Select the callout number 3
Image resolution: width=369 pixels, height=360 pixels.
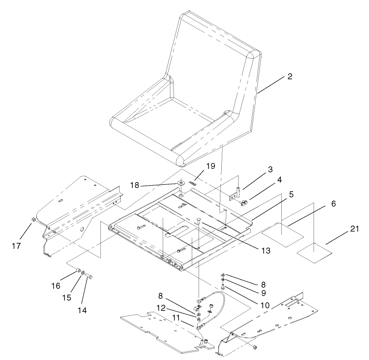tap(270, 169)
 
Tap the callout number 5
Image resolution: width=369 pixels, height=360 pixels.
tap(291, 193)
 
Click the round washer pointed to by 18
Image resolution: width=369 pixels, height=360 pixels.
tap(181, 184)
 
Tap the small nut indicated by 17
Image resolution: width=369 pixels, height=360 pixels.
tap(33, 221)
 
